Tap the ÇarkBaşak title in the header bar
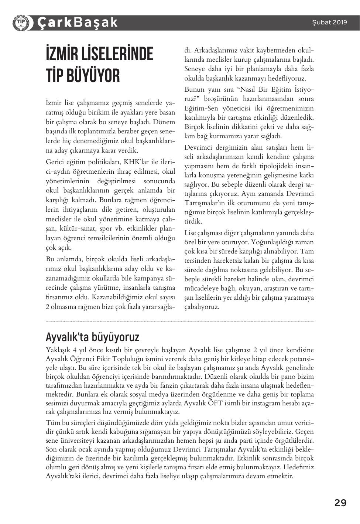[x=77, y=23]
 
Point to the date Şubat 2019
[x=329, y=22]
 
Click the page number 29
[x=340, y=503]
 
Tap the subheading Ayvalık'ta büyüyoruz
[x=92, y=337]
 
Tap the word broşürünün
[x=222, y=99]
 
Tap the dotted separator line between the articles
[x=180, y=321]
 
